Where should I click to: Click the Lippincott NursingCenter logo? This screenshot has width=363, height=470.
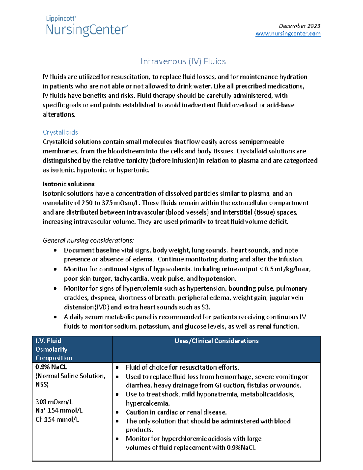tap(87, 26)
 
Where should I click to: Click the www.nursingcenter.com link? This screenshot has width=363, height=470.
tap(288, 34)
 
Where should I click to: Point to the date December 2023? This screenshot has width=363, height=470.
tap(299, 26)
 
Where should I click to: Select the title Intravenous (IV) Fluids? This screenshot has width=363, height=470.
tap(183, 61)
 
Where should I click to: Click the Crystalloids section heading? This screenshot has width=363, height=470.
tap(60, 132)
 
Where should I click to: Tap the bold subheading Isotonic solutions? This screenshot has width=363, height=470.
tap(68, 184)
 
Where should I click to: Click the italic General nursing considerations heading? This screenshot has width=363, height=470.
tap(88, 240)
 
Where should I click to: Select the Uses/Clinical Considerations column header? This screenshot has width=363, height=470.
tap(216, 341)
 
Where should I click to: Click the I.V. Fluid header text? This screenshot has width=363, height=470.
tap(48, 341)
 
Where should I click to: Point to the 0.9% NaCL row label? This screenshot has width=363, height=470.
tap(51, 367)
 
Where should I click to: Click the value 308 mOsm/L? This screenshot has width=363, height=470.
tap(54, 402)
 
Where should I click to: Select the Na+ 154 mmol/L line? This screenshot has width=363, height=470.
tap(59, 411)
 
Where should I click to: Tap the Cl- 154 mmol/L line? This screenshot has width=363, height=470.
tap(57, 419)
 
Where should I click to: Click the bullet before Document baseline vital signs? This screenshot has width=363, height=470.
tap(55, 250)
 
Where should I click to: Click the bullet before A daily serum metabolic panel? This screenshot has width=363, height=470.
tap(55, 317)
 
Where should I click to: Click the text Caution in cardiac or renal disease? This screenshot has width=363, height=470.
tap(176, 412)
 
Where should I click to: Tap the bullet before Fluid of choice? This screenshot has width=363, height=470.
tap(117, 368)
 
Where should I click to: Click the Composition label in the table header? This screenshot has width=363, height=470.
tap(54, 358)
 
